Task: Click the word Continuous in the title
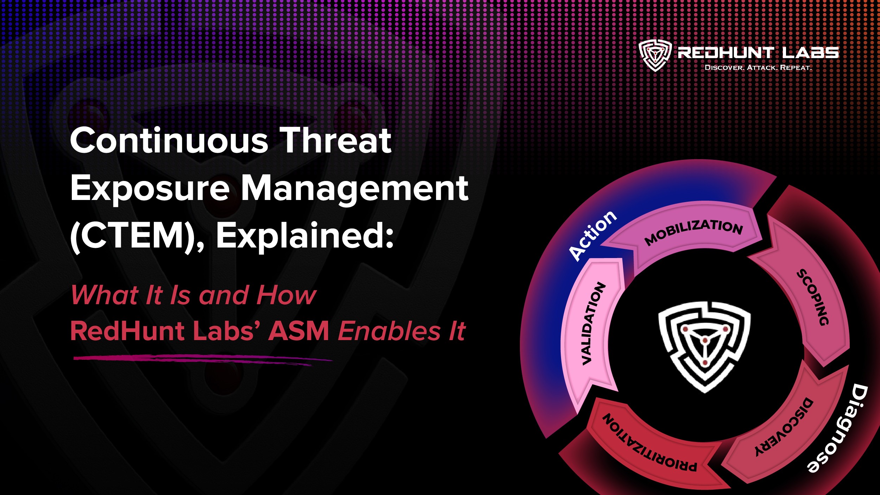pyautogui.click(x=169, y=141)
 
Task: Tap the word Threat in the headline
pyautogui.click(x=335, y=141)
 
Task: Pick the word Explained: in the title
pyautogui.click(x=305, y=236)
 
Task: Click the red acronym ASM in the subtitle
pyautogui.click(x=299, y=331)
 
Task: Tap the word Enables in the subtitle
pyautogui.click(x=389, y=331)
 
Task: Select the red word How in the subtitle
pyautogui.click(x=286, y=295)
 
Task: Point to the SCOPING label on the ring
pyautogui.click(x=813, y=297)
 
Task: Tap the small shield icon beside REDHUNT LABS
pyautogui.click(x=655, y=55)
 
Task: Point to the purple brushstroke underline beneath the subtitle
pyautogui.click(x=202, y=359)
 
